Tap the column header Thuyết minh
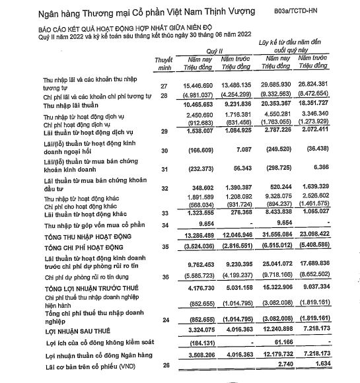[162, 64]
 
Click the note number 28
[163, 97]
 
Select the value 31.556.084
[276, 236]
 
